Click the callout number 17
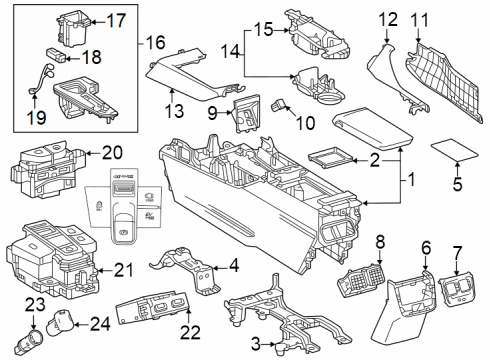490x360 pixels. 116,19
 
